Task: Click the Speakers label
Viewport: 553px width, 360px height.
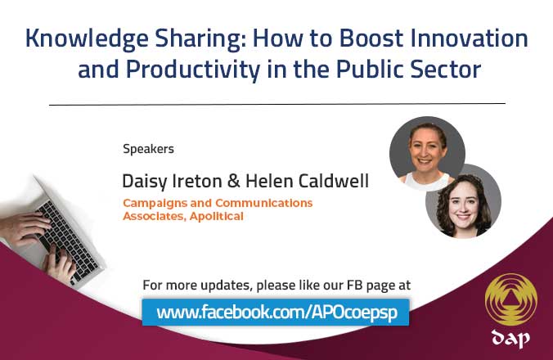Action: [148, 149]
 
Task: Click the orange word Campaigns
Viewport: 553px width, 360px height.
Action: [155, 203]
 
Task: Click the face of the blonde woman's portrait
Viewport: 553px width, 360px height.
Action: [427, 152]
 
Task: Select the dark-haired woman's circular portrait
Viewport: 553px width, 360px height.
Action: [462, 200]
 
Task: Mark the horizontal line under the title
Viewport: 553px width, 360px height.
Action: [276, 104]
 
